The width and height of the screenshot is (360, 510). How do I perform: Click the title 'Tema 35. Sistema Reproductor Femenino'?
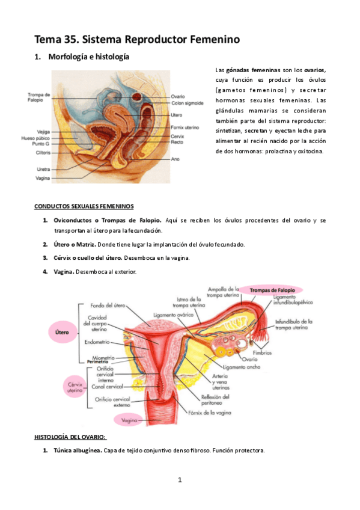tap(137, 40)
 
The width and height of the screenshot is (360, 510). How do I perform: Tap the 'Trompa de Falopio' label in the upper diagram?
tap(38, 97)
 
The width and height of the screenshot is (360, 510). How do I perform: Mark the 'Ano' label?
tap(175, 159)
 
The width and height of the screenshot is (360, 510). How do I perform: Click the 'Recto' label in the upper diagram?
tap(177, 143)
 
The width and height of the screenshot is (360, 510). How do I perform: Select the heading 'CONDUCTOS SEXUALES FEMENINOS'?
tap(84, 206)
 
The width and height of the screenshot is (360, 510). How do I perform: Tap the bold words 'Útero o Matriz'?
tap(73, 244)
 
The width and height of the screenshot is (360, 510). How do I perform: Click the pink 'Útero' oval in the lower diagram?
tap(60, 331)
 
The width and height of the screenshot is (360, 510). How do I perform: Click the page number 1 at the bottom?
tap(179, 479)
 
